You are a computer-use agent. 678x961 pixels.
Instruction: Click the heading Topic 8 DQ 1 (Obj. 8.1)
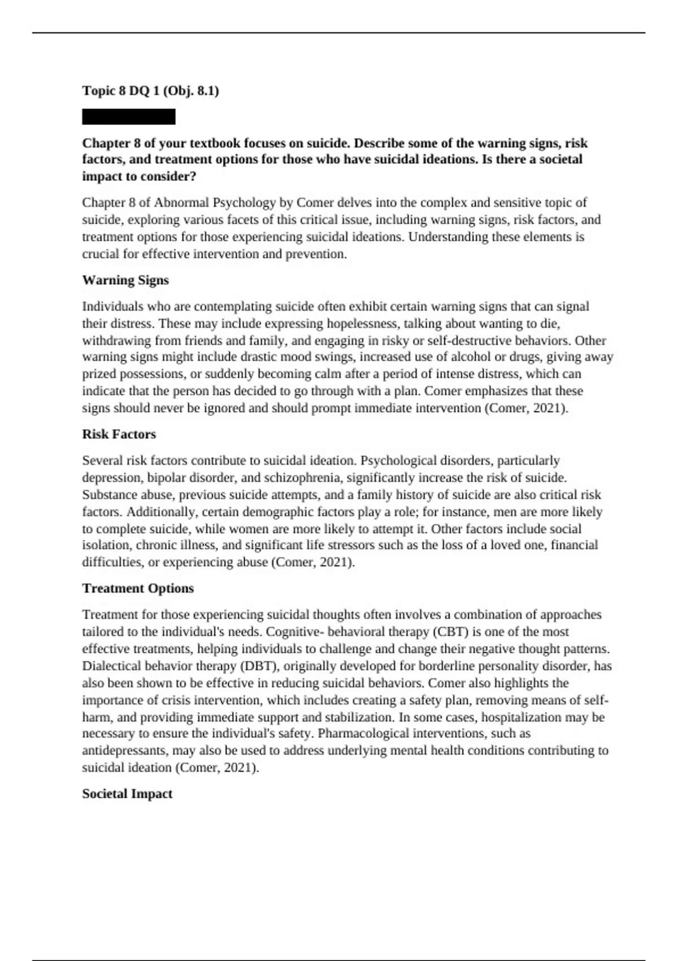pyautogui.click(x=150, y=90)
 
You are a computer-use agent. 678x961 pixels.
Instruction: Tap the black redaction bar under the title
pyautogui.click(x=129, y=117)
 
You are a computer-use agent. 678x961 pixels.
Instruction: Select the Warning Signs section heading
pyautogui.click(x=125, y=280)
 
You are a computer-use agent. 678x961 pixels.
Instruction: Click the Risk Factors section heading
pyautogui.click(x=119, y=434)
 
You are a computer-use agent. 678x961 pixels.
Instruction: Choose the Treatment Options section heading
pyautogui.click(x=138, y=588)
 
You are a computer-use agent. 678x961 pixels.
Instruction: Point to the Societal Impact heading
pyautogui.click(x=127, y=794)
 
